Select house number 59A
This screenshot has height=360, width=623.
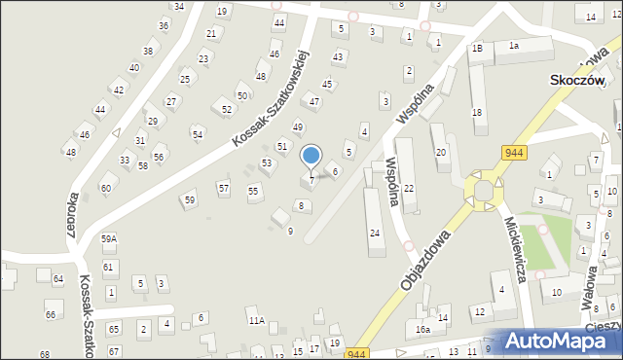(108, 238)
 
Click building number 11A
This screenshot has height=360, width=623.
(256, 320)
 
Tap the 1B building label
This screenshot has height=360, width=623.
(477, 48)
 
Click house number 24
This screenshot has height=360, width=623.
(375, 234)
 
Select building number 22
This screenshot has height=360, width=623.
(409, 188)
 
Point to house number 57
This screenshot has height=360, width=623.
(223, 188)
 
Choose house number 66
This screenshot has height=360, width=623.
(50, 315)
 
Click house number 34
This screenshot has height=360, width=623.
(178, 7)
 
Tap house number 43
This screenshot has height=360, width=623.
(338, 56)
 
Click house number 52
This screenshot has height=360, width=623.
(227, 110)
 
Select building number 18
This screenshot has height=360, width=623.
(477, 113)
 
